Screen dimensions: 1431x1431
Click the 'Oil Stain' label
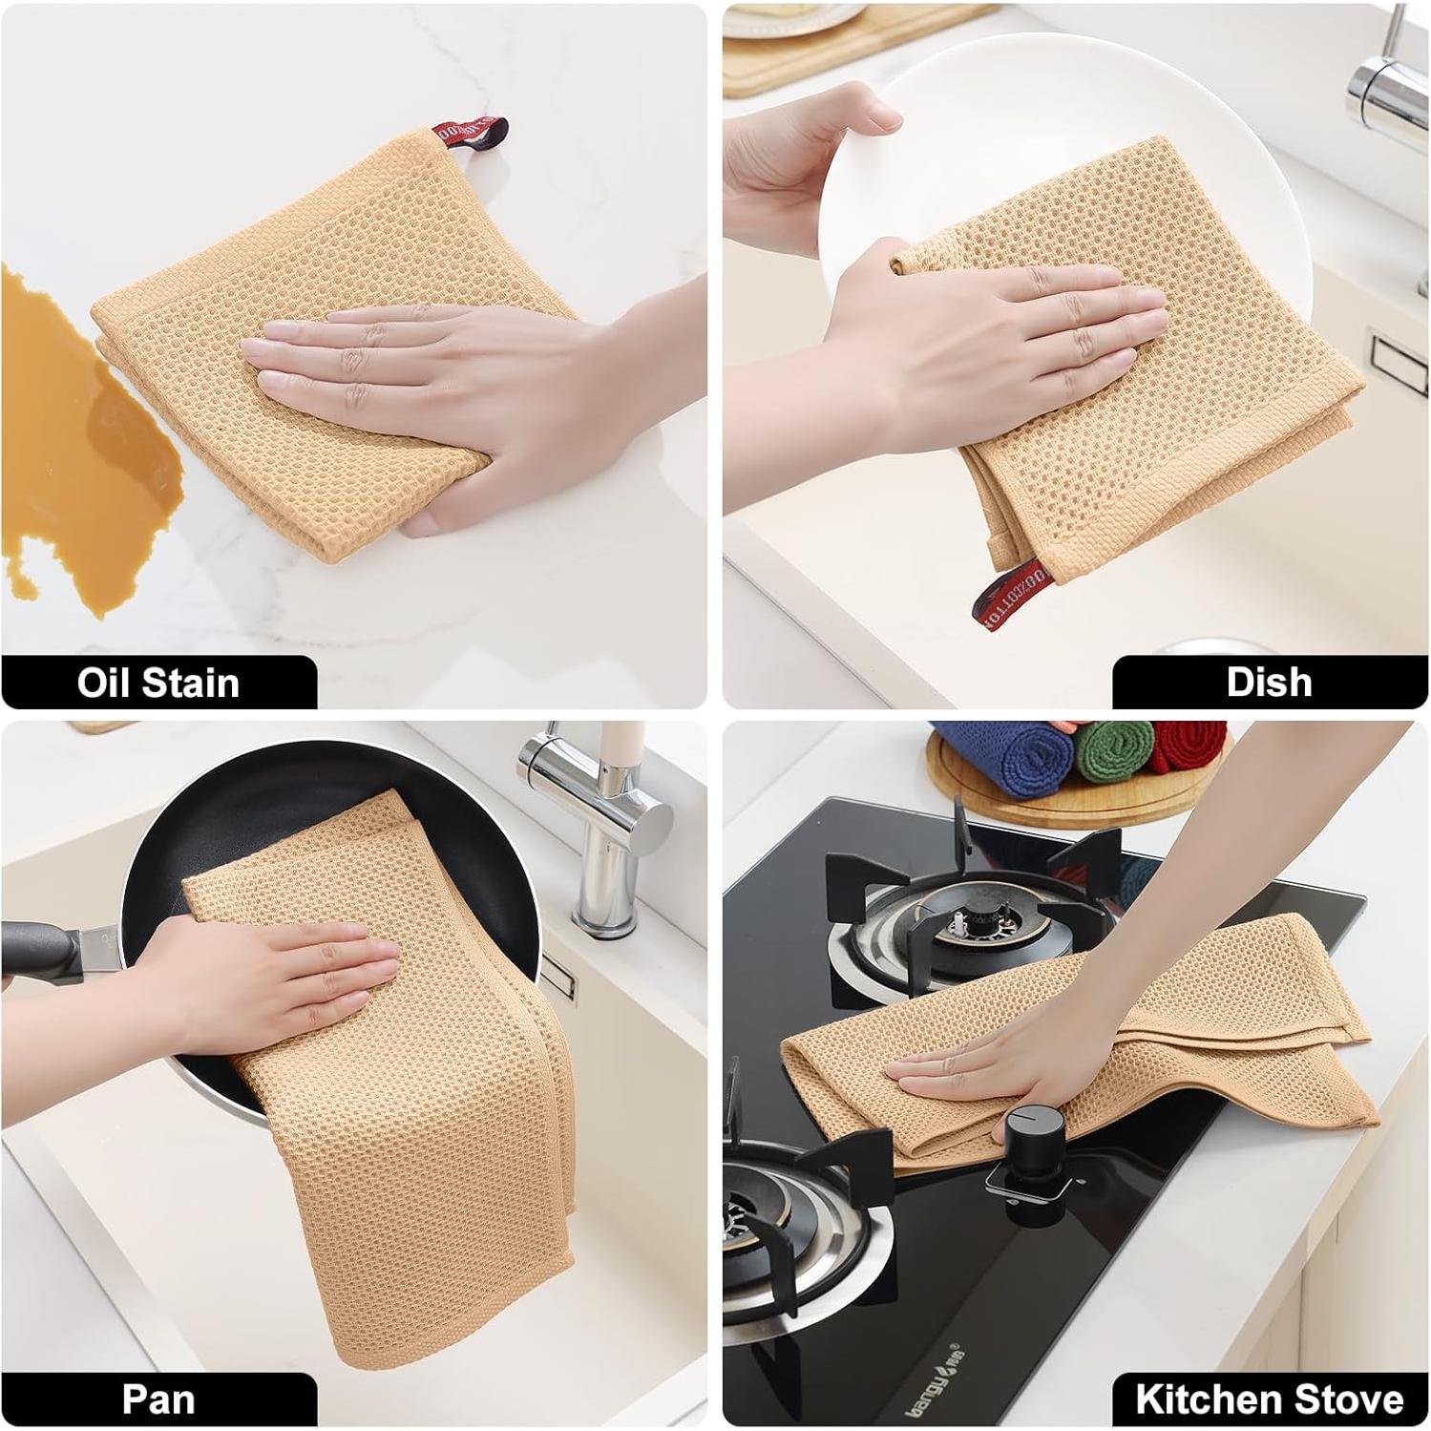158,683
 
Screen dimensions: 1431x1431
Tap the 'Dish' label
1269,682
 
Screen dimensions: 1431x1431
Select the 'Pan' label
158,1399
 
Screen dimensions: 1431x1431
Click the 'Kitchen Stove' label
1269,1399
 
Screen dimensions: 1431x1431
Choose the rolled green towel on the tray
1112,749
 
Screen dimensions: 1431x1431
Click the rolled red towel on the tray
1189,745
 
